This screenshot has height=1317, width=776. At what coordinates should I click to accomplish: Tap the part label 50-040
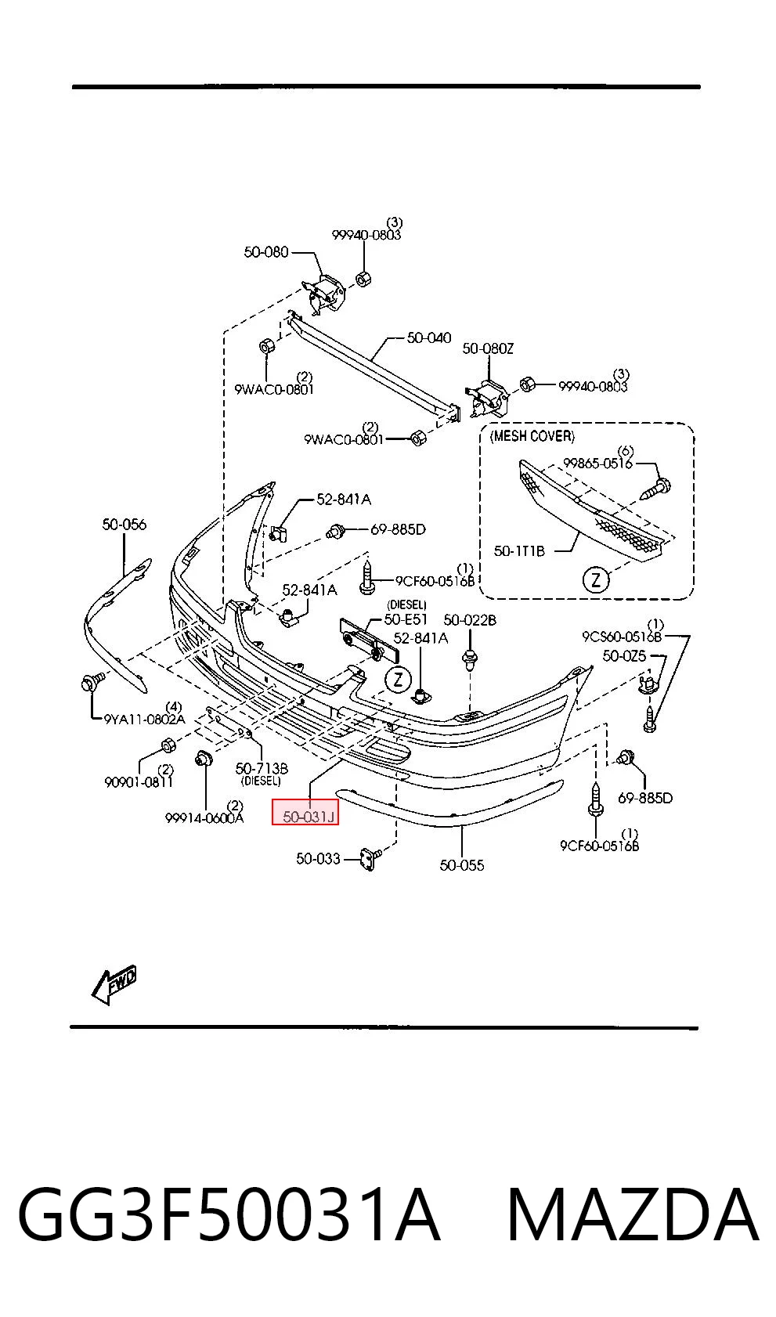point(429,338)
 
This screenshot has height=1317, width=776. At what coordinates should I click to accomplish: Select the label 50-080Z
point(488,348)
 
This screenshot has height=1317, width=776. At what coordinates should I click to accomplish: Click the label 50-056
point(124,525)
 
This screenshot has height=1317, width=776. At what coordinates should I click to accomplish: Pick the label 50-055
point(462,865)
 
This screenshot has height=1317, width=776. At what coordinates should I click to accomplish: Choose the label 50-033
point(318,859)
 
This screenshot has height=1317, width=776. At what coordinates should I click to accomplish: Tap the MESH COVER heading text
point(532,436)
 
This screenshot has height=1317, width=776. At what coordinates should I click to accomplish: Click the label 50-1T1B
point(519,551)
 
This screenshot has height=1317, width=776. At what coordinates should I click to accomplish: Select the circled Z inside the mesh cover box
point(596,580)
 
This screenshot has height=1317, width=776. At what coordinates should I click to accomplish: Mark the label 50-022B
point(470,619)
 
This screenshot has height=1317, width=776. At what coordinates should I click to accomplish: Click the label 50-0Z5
point(624,655)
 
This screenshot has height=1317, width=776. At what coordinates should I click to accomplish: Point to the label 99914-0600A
point(204,817)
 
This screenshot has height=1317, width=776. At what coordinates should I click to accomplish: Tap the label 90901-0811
point(139,782)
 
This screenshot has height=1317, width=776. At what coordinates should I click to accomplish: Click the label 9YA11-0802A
point(145,719)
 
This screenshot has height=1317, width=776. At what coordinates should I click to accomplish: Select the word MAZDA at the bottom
point(633,1215)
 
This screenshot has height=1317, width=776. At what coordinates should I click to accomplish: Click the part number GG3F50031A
point(229,1215)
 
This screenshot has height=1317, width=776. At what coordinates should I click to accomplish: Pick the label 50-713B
point(262,768)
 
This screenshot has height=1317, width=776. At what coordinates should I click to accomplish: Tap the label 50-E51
point(406,619)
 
